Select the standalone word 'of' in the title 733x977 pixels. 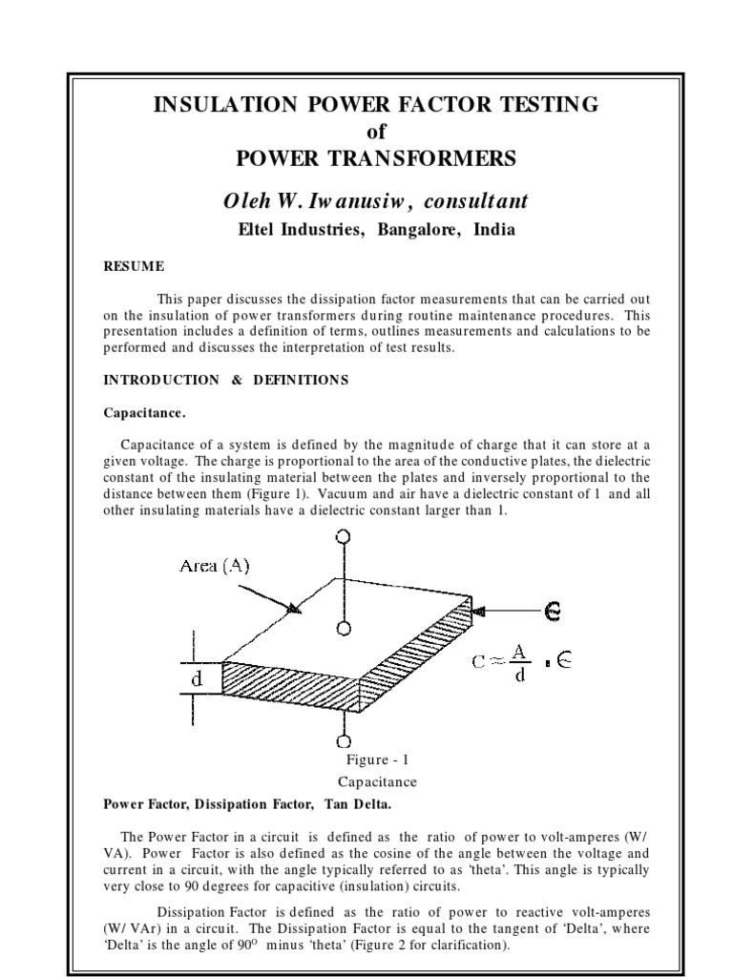tap(376, 131)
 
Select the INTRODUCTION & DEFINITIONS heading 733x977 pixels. tap(225, 380)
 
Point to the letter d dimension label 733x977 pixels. tap(197, 681)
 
